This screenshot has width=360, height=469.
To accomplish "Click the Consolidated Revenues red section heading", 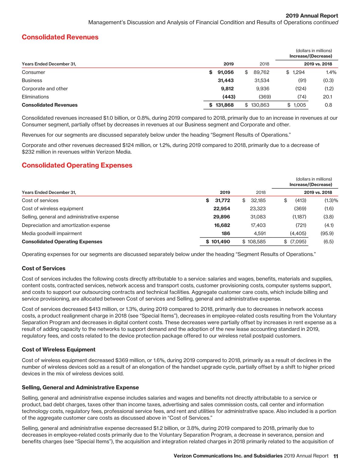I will pos(60,37).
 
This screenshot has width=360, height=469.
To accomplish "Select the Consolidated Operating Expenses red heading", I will pos(77,165).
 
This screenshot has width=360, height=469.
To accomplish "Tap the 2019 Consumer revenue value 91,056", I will pos(225,72).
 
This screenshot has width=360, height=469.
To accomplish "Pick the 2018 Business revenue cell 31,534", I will pos(262,81).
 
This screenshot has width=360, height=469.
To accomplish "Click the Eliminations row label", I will pos(35,97).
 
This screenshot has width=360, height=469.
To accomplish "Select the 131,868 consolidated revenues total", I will pos(225,105).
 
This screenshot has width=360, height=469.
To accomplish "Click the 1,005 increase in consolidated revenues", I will pos(299,105).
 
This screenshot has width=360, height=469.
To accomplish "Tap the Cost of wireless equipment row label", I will pos(52,209).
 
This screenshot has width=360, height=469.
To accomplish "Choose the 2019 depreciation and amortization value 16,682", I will pos(222,225).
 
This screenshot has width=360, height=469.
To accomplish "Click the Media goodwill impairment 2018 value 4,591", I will pos(259,234).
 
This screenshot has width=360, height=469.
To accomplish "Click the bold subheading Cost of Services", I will pos(44,269).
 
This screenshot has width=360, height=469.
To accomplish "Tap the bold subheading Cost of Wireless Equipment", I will pos(58,350).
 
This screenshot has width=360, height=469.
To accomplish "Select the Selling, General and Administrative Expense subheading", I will pos(80,388).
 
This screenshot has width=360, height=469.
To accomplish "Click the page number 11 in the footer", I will pos(335,456).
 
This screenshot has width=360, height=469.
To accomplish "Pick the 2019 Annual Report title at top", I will pos(312,16).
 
